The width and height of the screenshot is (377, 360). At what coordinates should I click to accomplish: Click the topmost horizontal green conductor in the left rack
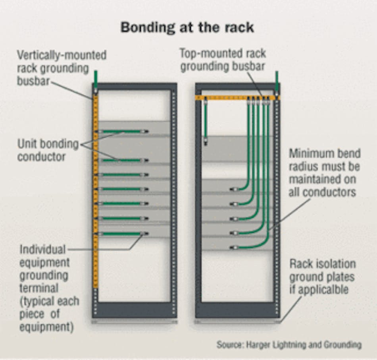tap(123, 131)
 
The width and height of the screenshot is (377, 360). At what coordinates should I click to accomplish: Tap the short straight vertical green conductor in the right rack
tap(205, 119)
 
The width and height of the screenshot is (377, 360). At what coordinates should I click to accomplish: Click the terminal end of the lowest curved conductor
tap(234, 247)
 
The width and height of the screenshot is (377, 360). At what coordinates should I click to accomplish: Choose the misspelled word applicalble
tap(323, 290)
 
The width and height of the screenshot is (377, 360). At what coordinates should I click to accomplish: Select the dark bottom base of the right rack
tap(237, 310)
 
